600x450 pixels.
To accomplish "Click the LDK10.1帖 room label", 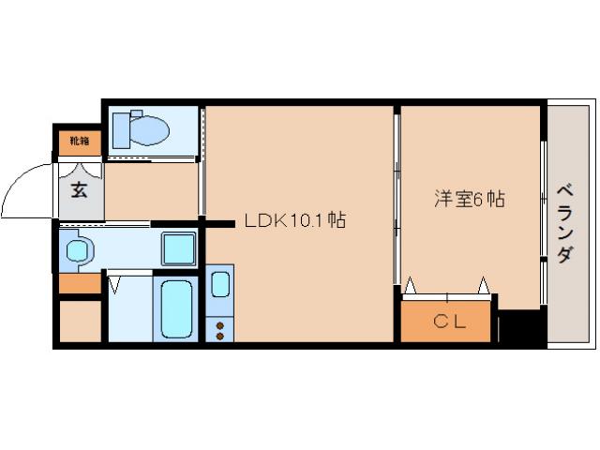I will click(x=295, y=222).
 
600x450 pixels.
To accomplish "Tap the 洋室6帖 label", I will click(x=470, y=199).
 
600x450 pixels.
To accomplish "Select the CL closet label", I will click(x=446, y=322).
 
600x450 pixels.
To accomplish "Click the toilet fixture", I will click(x=140, y=129).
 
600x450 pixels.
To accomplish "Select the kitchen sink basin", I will click(x=220, y=283).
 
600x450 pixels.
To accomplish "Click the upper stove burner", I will click(x=220, y=323).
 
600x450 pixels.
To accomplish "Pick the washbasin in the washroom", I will click(x=78, y=250).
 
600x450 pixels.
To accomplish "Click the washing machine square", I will click(x=178, y=249).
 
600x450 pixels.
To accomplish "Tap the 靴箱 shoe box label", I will click(x=80, y=142).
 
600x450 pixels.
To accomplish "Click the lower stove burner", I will click(x=220, y=335).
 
